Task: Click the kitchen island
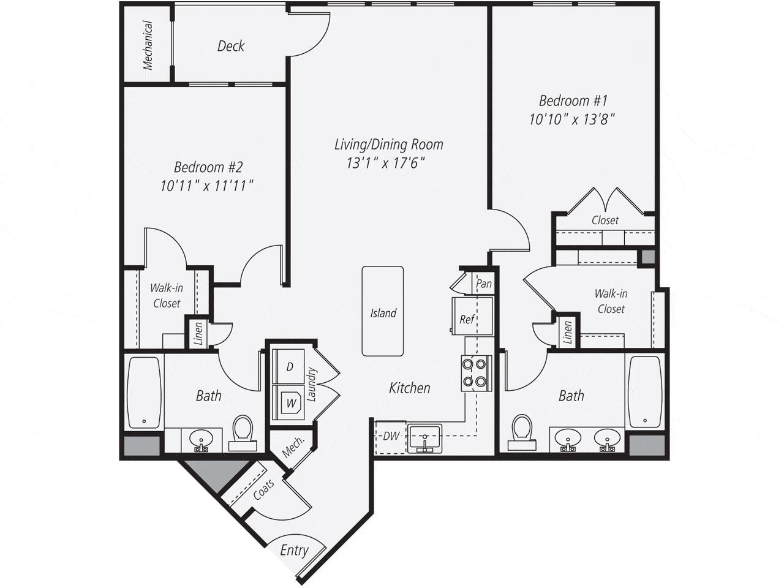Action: pos(383,311)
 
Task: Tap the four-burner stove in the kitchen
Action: pos(476,373)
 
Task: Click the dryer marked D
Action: pos(289,367)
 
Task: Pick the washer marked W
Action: pos(290,403)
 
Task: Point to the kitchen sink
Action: pos(424,439)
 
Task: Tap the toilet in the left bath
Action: pos(243,429)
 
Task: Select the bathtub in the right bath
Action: pos(644,392)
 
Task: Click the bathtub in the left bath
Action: pos(144,392)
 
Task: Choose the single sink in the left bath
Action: pos(200,439)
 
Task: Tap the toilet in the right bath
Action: pos(522,429)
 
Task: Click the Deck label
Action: pos(231,46)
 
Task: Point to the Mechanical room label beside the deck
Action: pos(148,46)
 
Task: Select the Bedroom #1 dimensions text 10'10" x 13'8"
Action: pos(571,119)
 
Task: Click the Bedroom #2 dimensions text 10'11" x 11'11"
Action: pos(207,186)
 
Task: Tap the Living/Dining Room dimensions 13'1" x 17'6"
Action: pos(386,163)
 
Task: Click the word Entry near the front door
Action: pos(294,550)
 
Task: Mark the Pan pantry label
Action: pos(484,284)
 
